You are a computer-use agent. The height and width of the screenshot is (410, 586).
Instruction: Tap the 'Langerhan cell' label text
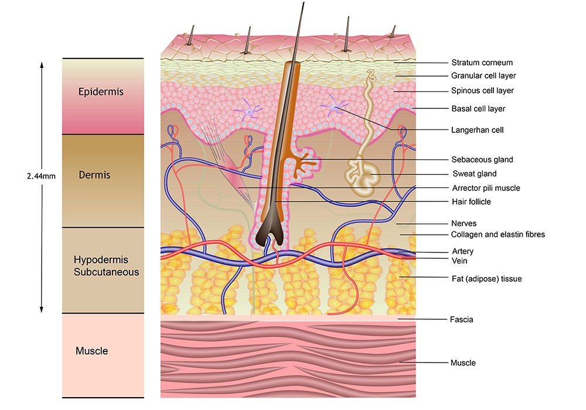tap(478, 129)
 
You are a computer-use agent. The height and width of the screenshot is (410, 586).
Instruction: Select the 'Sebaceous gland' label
tap(482, 159)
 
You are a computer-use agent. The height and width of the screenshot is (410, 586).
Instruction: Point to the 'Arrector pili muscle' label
tap(486, 188)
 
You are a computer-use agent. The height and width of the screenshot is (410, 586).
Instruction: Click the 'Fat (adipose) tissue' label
tap(486, 279)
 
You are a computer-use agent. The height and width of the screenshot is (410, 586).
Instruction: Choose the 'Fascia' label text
tap(462, 320)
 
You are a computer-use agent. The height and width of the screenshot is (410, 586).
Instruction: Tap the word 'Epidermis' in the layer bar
tap(101, 92)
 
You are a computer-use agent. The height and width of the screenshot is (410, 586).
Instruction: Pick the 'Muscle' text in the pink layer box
tap(92, 351)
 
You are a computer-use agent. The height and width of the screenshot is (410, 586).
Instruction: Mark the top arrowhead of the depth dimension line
tap(42, 63)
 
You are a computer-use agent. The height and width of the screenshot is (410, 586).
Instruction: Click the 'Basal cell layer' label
tap(478, 109)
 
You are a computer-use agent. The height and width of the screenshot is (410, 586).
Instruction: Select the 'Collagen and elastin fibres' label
tap(498, 234)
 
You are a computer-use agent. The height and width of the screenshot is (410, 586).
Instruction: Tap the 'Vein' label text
tap(459, 261)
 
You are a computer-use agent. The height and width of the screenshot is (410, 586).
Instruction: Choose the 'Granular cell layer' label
tap(483, 76)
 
